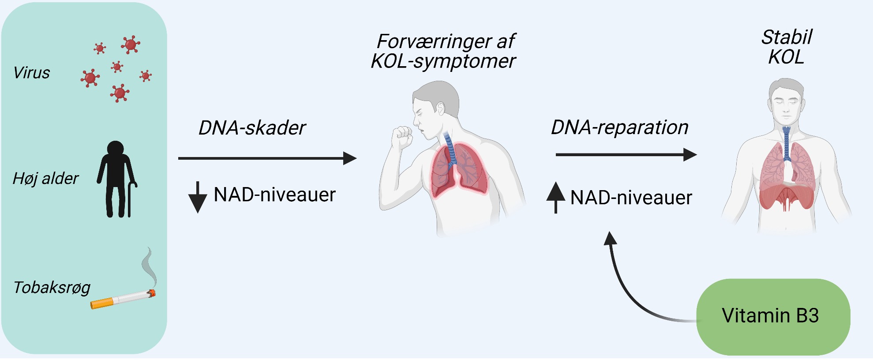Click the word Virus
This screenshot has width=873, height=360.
pos(32,73)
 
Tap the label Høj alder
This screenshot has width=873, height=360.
pos(45,179)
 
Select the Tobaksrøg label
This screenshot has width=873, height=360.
pos(52,288)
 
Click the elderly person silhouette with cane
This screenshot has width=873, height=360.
pos(115,179)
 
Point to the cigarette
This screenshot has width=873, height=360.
pos(123,299)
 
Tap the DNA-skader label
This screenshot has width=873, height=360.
pos(252,128)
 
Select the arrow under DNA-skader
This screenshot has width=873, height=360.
pos(267,158)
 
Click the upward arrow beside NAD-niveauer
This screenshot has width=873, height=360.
pos(556,198)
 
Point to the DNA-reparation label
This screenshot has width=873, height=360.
pos(619,127)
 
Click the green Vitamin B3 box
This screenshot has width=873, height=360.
pos(773,316)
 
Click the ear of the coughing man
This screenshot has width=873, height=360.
pos(440,109)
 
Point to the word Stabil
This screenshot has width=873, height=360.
pos(787,37)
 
